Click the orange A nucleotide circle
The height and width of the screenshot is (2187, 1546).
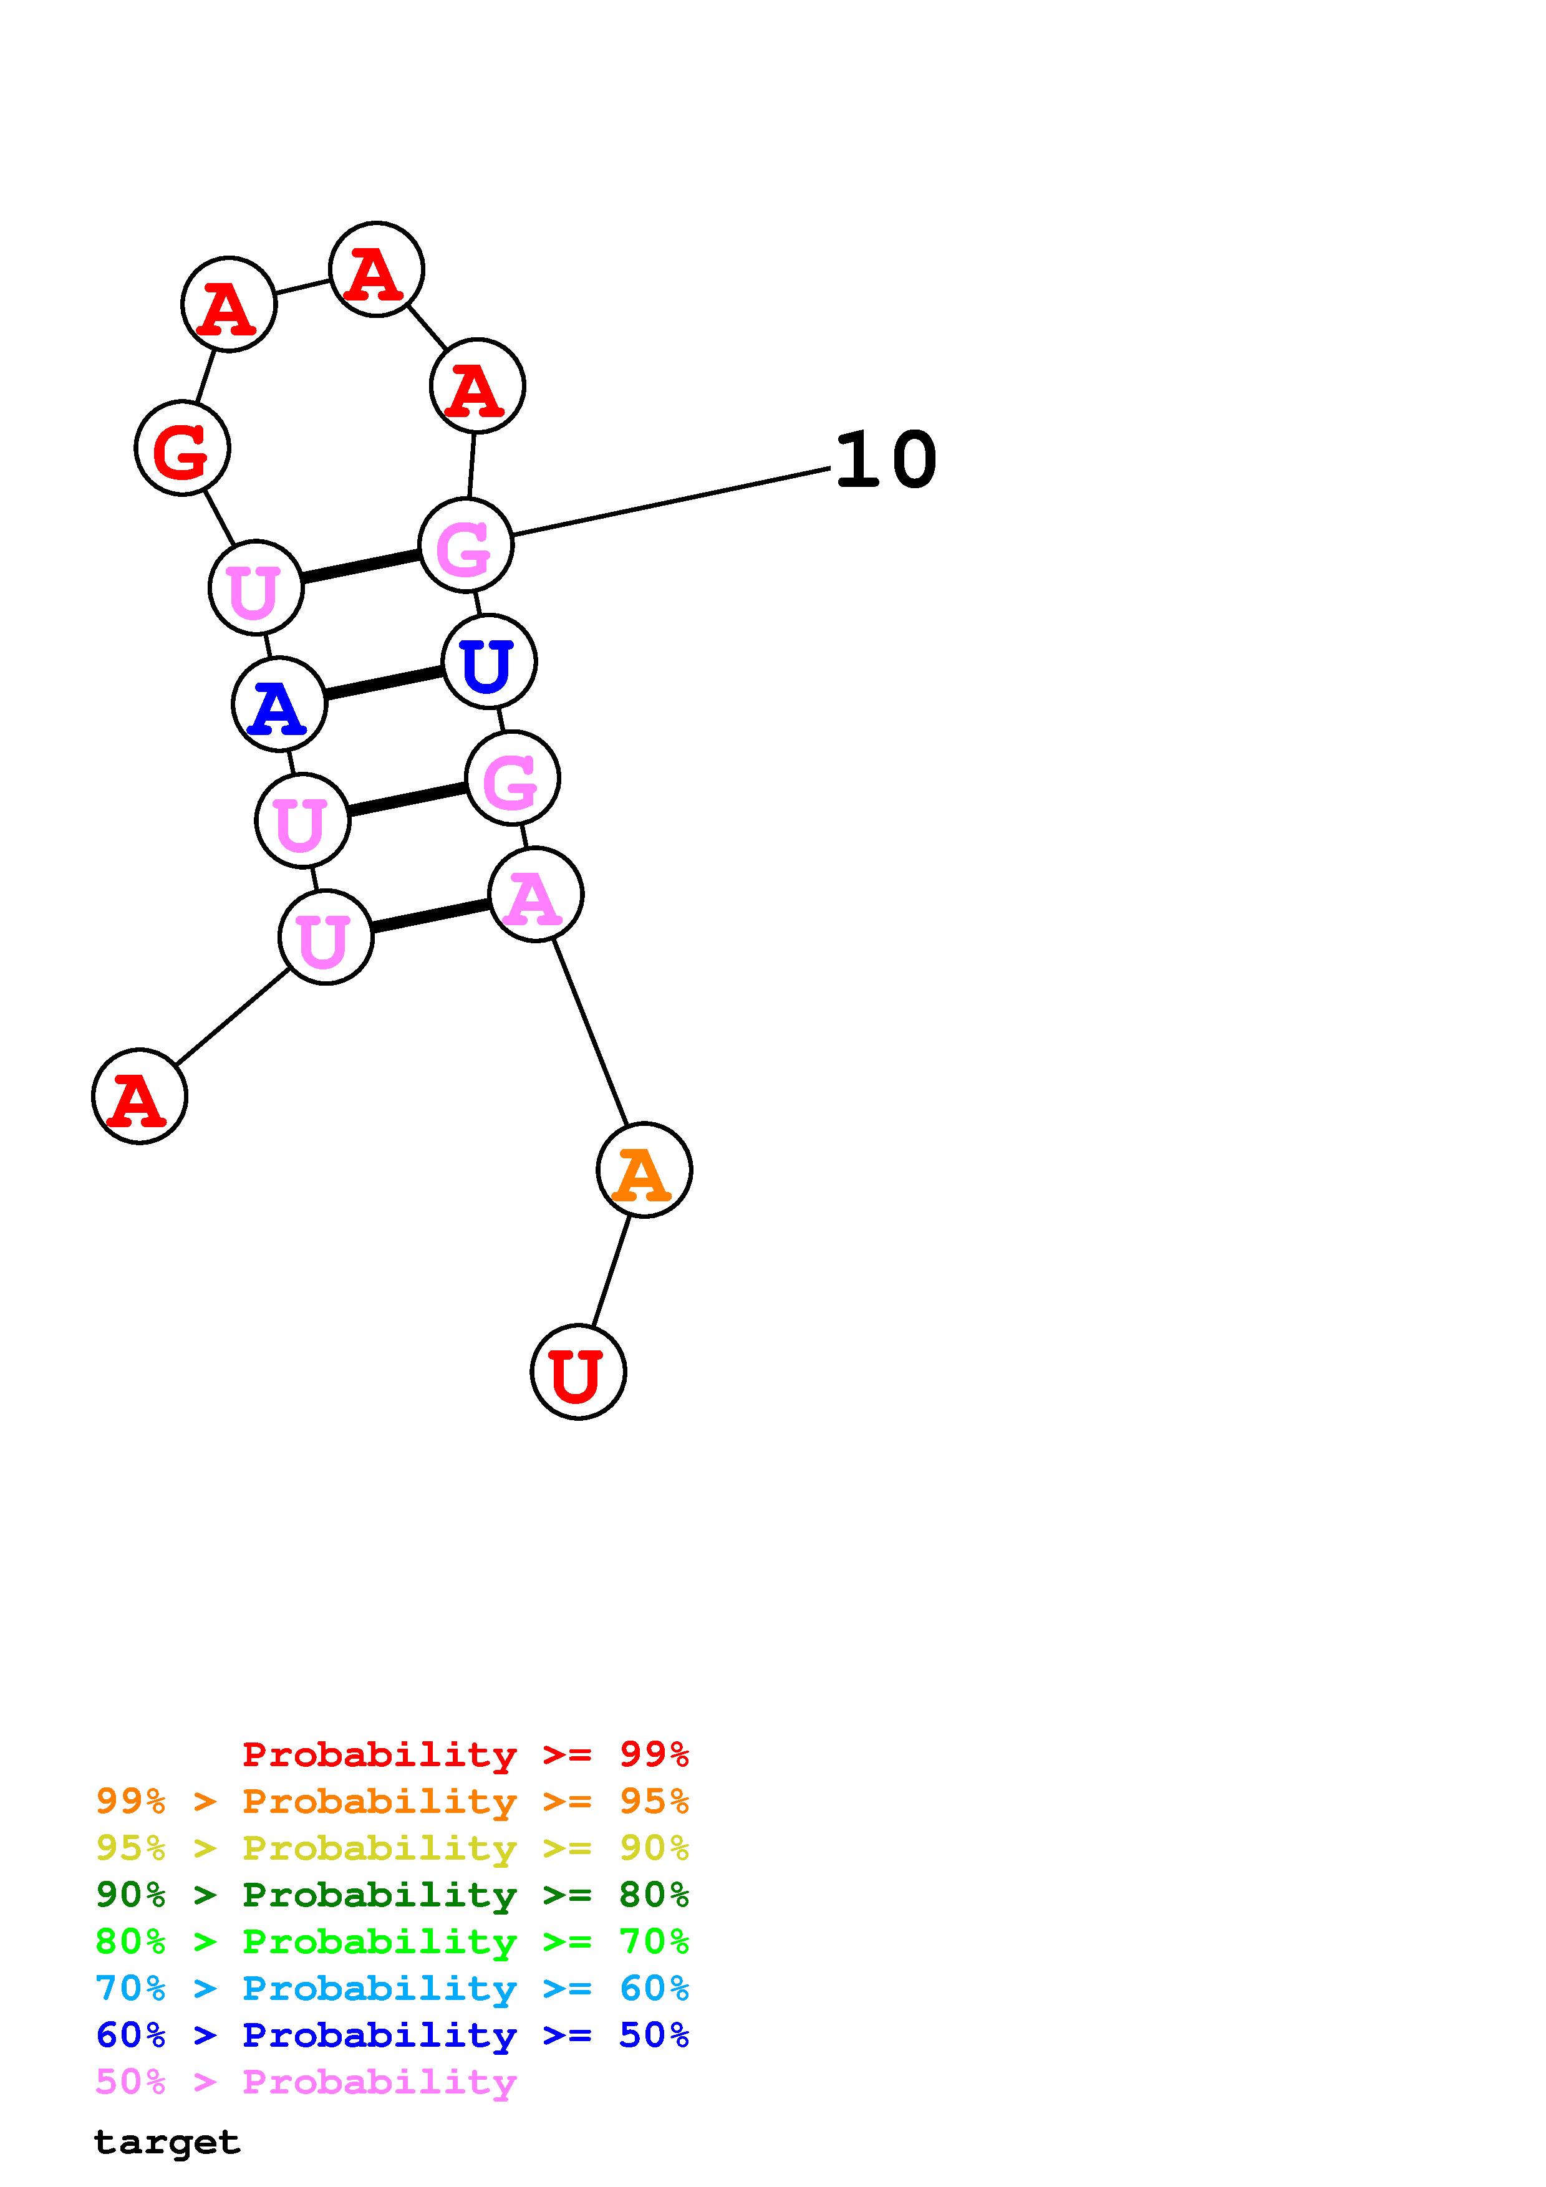tap(644, 1170)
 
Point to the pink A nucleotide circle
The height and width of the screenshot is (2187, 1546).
tap(535, 895)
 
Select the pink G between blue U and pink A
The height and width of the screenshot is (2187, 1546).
tap(513, 778)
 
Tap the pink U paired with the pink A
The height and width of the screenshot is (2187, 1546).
tap(326, 937)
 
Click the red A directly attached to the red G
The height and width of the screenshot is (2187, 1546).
tap(229, 304)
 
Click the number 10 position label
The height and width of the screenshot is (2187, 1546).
tap(885, 461)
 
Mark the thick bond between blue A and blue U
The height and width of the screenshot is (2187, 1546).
tap(384, 682)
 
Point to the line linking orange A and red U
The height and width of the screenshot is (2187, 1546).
tap(611, 1271)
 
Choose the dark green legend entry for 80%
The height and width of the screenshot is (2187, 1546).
tap(392, 1895)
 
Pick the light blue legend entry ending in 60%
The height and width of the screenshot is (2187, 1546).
tap(392, 1988)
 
